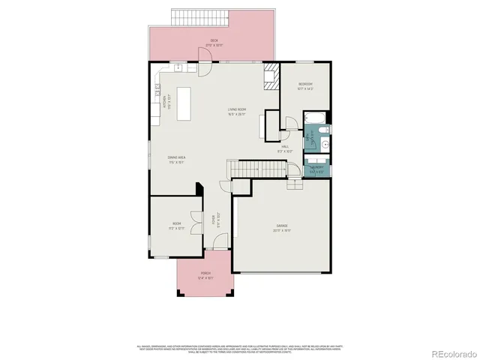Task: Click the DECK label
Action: pos(214,43)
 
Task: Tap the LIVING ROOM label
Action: pos(237,112)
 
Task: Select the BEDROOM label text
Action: pos(305,85)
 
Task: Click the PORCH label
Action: pos(205,275)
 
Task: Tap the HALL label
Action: pos(285,148)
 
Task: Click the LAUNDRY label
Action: pos(316,169)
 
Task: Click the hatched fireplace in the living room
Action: pos(269,77)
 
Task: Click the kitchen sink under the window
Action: pos(181,68)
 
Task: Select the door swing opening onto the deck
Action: pos(202,68)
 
